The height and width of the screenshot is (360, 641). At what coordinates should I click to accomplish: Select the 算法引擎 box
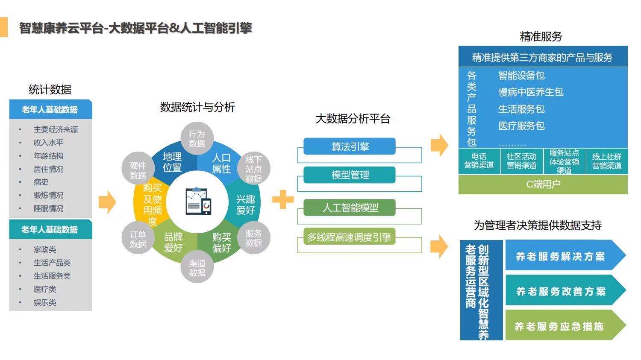350,146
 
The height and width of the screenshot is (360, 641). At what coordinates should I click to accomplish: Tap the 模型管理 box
350,175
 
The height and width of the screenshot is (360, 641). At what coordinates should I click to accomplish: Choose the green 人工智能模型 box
350,208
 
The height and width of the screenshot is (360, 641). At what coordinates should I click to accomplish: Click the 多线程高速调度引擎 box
350,237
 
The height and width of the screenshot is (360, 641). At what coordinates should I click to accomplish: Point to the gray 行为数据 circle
197,138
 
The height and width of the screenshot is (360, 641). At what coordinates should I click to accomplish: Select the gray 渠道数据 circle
197,268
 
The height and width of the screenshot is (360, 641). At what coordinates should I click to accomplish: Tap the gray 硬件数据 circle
138,170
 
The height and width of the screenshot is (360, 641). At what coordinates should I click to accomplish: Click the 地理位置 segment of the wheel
172,162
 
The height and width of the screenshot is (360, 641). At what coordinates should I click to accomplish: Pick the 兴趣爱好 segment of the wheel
245,205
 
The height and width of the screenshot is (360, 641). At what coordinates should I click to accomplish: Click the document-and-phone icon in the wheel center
198,201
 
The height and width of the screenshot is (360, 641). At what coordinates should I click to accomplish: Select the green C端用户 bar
543,184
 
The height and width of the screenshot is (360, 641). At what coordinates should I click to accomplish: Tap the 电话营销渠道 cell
479,161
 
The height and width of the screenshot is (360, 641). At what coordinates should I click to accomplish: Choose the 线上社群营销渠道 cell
606,161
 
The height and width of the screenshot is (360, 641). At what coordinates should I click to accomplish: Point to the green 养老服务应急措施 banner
560,326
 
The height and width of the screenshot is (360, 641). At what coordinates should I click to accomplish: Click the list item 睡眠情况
48,208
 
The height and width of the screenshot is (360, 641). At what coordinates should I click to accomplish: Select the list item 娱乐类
45,302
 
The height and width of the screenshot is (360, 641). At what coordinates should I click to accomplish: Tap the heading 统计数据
50,90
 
